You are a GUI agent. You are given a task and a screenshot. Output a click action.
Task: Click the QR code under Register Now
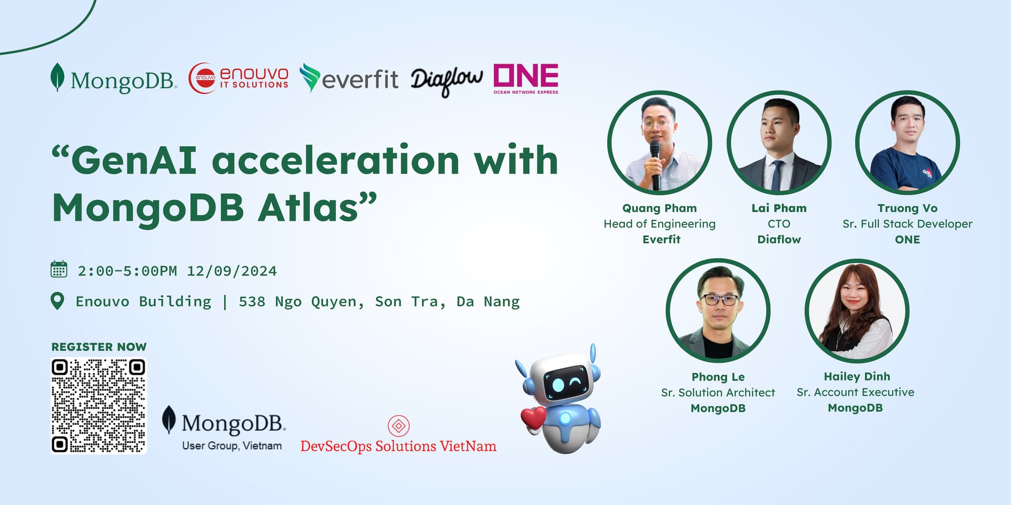[99, 406]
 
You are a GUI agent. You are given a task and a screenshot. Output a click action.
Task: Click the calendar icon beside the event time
[58, 269]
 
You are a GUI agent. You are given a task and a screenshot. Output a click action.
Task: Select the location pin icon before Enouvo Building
[57, 301]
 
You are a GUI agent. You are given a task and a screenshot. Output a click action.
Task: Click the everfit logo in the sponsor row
[349, 79]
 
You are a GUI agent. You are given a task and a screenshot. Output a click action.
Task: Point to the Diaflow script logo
[446, 81]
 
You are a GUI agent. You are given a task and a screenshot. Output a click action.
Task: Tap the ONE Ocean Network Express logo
[526, 79]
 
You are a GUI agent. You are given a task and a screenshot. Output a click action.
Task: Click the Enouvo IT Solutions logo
[239, 78]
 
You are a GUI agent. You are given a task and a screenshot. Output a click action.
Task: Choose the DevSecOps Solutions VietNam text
[398, 446]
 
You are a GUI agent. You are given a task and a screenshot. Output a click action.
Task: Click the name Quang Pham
[659, 208]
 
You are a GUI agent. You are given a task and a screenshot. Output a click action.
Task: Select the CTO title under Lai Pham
[779, 224]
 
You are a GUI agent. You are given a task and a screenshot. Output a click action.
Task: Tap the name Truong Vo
[907, 208]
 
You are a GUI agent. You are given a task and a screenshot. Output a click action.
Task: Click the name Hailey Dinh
[857, 377]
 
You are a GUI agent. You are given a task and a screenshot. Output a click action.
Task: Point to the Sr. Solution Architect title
[718, 392]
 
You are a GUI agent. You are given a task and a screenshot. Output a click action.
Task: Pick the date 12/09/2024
[232, 271]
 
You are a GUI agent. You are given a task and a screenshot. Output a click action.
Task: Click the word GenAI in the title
[134, 160]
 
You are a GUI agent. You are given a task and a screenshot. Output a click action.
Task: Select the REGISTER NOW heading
[99, 347]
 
